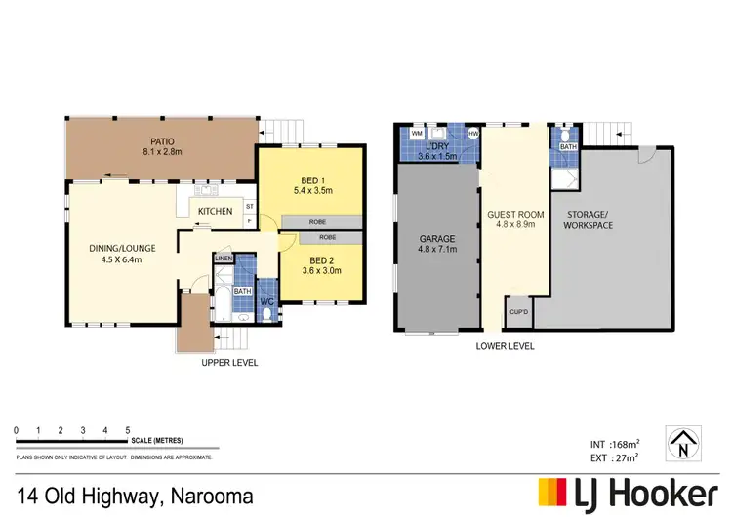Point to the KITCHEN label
tap(215, 211)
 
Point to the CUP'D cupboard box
tap(518, 311)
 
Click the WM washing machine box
tap(417, 133)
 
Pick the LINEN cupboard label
tap(224, 258)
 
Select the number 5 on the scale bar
tap(128, 430)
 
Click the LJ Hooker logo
tap(629, 494)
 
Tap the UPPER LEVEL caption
tap(229, 363)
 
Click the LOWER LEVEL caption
tap(505, 346)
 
